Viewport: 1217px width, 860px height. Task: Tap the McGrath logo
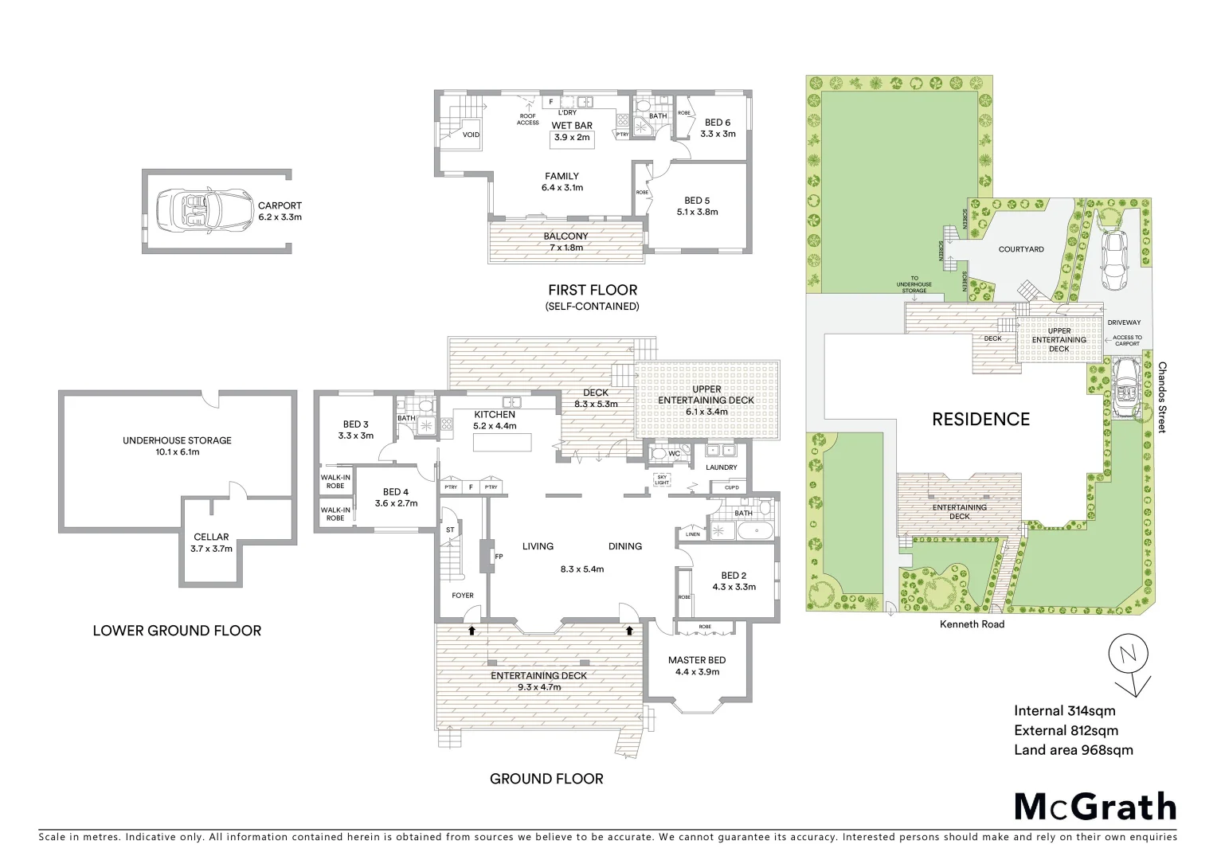coord(1094,807)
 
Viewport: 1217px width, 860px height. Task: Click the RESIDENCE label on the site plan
coord(980,419)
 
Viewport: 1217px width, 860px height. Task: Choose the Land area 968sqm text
coord(1073,749)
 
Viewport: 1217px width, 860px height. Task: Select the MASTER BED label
coord(697,660)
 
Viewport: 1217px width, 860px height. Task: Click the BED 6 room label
coord(717,123)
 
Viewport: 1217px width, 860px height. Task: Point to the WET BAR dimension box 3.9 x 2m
coord(573,137)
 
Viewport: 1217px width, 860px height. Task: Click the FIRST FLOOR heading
coord(592,290)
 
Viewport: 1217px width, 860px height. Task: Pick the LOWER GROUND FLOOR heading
coord(177,631)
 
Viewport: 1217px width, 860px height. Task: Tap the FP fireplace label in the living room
coord(499,557)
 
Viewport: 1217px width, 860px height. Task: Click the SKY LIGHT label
coord(661,480)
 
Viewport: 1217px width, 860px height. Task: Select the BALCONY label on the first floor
coord(565,236)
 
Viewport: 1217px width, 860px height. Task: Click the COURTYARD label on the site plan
coord(1020,249)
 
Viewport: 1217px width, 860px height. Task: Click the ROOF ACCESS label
coord(528,119)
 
